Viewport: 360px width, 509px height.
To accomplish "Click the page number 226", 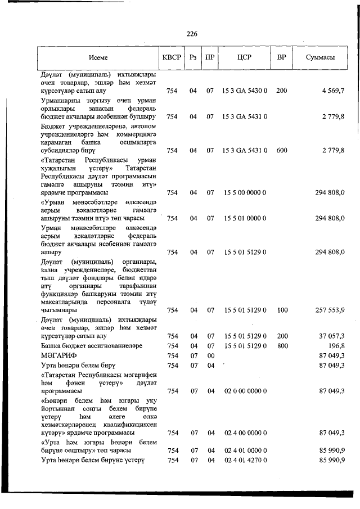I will (x=192, y=33).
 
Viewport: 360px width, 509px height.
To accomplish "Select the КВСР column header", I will (x=172, y=58).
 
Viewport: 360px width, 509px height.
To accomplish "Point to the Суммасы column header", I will (x=321, y=58).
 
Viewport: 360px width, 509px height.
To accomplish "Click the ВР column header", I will (x=282, y=58).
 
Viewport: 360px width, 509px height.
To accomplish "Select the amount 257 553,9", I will (x=328, y=310).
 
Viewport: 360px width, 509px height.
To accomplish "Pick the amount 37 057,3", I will (x=331, y=336).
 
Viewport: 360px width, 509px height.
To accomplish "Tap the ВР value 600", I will (x=282, y=151).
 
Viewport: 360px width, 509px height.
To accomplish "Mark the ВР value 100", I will (x=282, y=310).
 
